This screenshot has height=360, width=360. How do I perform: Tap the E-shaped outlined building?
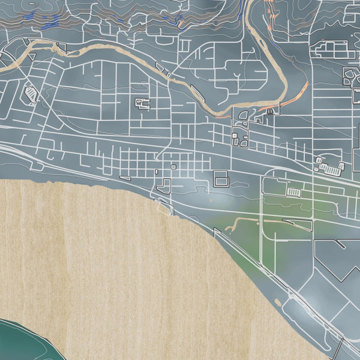click(x=143, y=104)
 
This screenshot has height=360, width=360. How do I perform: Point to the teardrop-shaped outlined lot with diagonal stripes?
click(x=29, y=93)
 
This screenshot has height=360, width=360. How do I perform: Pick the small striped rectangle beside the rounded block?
click(x=293, y=191)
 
